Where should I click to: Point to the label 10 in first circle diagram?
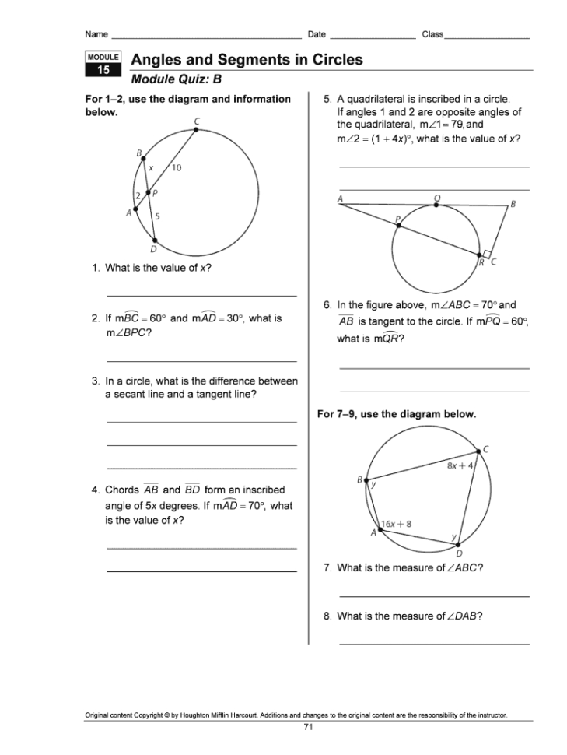177,168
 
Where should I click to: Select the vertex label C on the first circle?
197,121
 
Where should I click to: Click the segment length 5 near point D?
158,217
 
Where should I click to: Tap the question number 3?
95,381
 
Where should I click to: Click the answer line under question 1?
201,296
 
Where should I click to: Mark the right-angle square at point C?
486,254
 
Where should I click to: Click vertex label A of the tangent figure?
340,198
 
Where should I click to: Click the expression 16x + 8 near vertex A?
397,524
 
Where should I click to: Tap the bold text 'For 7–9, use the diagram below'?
397,414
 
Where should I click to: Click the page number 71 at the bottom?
308,726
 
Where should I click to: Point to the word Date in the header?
317,34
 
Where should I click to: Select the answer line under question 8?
434,644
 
